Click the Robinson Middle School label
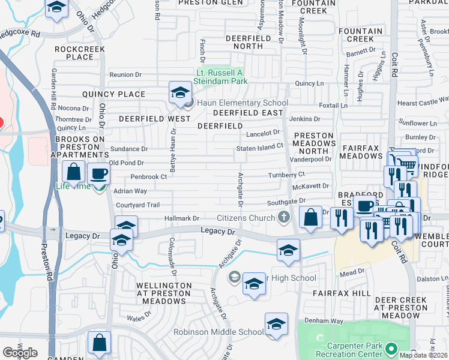[218, 332]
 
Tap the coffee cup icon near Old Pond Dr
[98, 174]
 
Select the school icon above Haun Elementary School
[179, 93]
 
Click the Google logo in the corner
[20, 352]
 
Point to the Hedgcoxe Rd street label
[20, 34]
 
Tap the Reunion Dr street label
[125, 75]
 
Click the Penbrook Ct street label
[148, 177]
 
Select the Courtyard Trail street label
[137, 205]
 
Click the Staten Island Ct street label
[259, 147]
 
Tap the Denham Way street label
[323, 321]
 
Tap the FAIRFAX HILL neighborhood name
[341, 293]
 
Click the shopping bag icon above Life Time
[73, 172]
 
